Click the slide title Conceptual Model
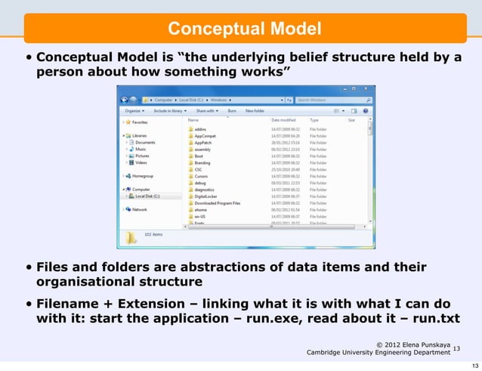tap(244, 29)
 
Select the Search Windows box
tap(329, 99)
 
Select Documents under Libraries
tap(145, 142)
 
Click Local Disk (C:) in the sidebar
tap(150, 196)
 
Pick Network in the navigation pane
tap(141, 209)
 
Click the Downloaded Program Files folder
tap(220, 203)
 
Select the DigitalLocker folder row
tap(206, 196)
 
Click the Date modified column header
tap(283, 119)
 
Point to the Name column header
tap(193, 119)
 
